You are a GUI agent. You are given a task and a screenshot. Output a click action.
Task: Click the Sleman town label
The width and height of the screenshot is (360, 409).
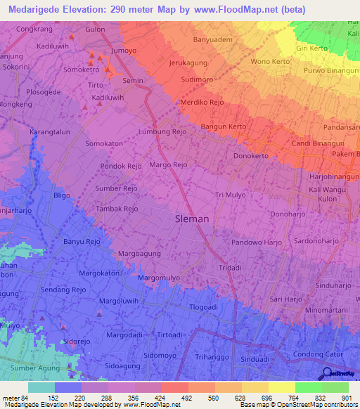191,219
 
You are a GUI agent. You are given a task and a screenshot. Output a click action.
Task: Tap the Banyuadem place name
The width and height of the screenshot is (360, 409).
212,40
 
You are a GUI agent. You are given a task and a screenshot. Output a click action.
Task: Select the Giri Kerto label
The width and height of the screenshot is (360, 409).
313,48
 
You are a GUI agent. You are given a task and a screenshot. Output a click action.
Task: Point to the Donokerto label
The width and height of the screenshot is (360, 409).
251,156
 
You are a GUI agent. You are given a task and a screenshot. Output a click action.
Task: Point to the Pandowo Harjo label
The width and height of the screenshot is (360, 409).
256,242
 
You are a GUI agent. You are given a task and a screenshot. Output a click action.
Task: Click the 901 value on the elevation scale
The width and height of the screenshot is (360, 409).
345,398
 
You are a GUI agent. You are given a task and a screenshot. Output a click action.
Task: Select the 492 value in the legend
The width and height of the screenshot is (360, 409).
166,398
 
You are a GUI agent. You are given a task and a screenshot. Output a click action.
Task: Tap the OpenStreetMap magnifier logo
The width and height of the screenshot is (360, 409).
328,374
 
